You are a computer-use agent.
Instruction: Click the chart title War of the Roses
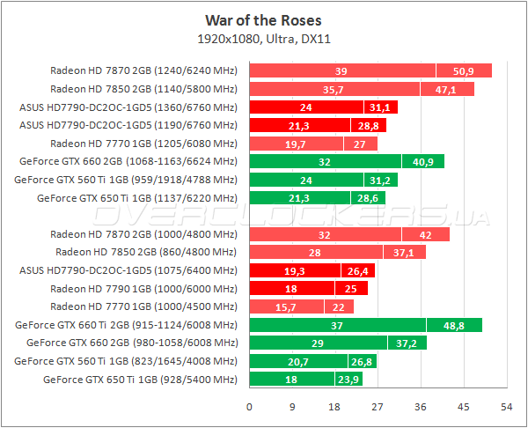(263, 19)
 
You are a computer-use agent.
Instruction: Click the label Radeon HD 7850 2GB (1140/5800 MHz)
(143, 89)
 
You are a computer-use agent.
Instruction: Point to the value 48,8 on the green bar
(454, 325)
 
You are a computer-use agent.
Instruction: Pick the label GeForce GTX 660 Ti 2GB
(126, 325)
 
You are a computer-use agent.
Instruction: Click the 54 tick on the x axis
(506, 408)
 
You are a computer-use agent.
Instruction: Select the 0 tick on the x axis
(250, 408)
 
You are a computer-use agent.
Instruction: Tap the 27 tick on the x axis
(378, 408)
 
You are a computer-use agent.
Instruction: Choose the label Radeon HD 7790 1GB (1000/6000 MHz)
(143, 289)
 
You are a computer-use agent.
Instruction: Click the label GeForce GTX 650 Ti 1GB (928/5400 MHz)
(140, 380)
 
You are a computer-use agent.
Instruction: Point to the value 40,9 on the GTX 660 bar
(423, 161)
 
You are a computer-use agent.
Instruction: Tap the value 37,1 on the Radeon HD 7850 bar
(405, 252)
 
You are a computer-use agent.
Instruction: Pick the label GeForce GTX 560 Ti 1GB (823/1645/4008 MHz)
(126, 361)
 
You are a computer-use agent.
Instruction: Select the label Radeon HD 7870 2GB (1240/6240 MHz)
(143, 70)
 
